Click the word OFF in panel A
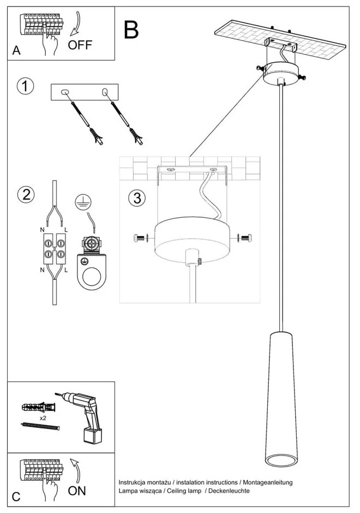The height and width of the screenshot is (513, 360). (80, 45)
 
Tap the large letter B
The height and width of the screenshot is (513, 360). (131, 29)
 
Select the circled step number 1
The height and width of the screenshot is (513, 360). (25, 86)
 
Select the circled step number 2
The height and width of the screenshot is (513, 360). (25, 195)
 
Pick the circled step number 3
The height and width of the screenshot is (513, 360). (137, 198)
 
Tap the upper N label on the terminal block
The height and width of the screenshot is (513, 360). (42, 230)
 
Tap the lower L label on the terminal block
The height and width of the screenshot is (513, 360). (65, 270)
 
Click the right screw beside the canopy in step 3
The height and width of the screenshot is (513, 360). (246, 237)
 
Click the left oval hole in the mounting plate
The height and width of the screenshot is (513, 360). (65, 92)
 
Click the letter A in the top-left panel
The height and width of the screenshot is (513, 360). (16, 51)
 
